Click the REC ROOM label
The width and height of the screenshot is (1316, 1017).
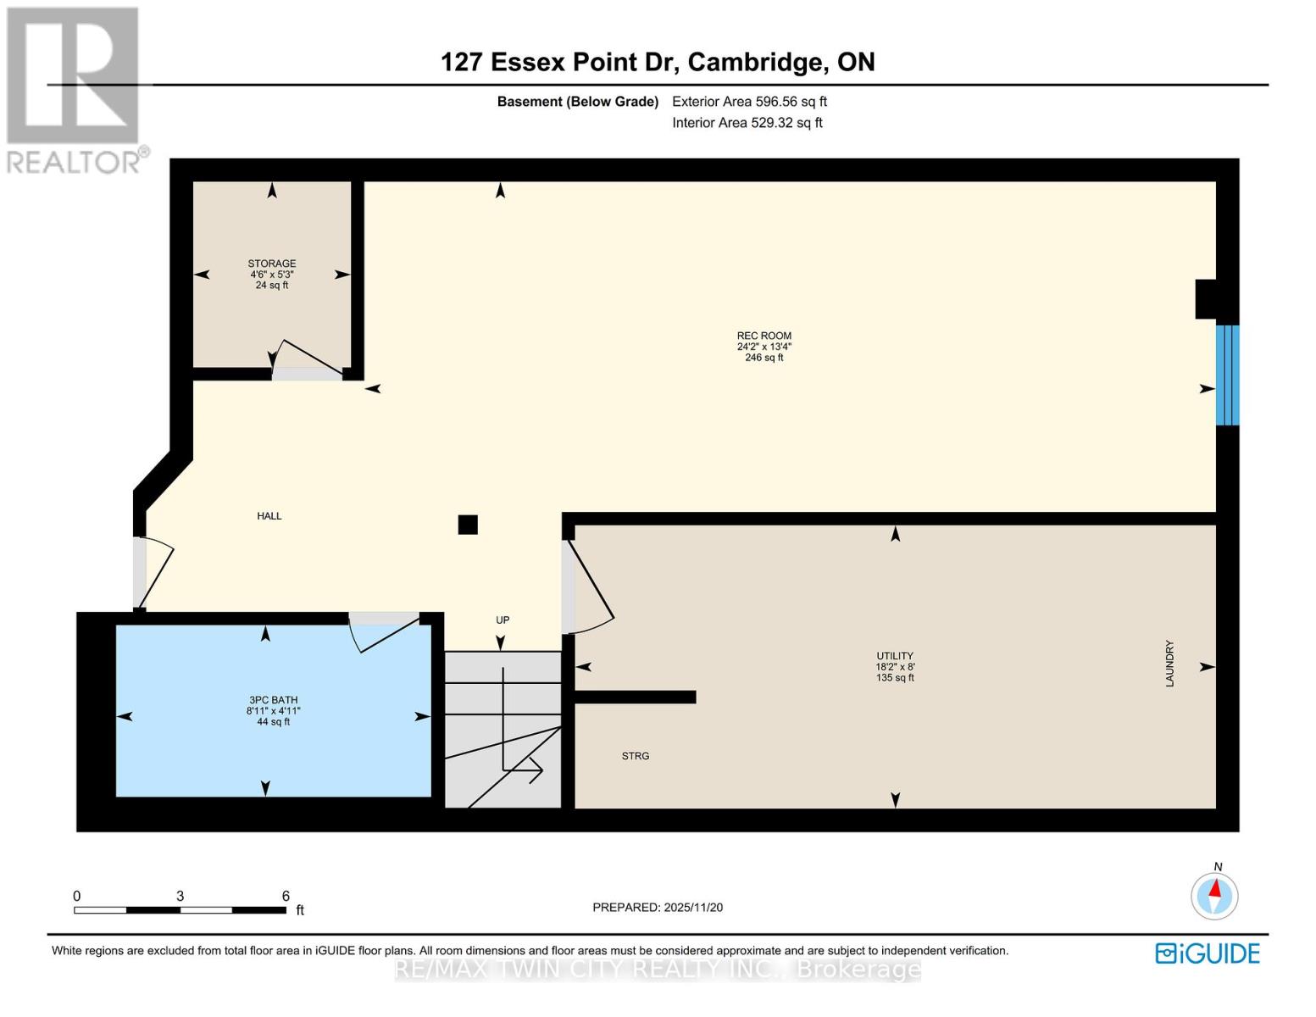764,336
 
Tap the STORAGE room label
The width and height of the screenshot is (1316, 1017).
271,264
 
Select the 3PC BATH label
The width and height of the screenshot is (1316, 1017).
273,700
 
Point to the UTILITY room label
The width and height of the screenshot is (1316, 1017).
894,656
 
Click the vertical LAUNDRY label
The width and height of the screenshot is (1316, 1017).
1169,664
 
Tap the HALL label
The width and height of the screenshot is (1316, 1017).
269,516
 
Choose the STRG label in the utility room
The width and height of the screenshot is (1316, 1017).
635,756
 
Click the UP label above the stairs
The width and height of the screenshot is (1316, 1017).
503,620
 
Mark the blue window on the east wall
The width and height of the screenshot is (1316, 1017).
1227,375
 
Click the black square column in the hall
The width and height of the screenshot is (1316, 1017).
468,525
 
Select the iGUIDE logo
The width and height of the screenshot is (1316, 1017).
1208,953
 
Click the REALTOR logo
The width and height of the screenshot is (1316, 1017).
74,89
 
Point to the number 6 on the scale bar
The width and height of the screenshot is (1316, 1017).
286,896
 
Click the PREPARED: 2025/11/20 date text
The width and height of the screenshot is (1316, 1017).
658,908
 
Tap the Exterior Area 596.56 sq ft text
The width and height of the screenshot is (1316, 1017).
749,102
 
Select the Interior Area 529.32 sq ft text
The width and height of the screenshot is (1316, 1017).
747,123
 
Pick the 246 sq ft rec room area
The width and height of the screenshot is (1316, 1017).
764,358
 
